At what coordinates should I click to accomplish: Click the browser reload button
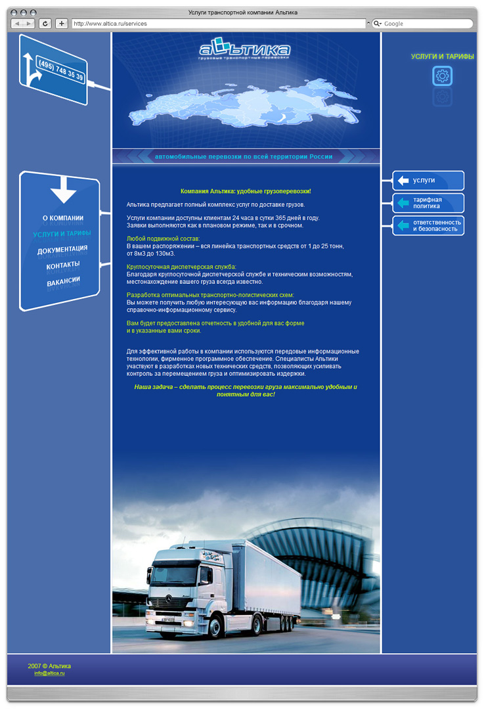click(x=45, y=24)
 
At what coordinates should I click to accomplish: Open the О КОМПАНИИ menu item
click(x=63, y=218)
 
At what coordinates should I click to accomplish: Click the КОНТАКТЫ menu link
click(x=63, y=265)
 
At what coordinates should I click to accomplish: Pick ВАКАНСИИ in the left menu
click(x=63, y=281)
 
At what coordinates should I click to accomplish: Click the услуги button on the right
click(x=428, y=181)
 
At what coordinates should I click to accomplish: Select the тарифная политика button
click(x=428, y=203)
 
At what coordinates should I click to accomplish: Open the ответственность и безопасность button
click(x=428, y=225)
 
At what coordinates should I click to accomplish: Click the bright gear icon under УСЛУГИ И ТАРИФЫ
click(x=443, y=76)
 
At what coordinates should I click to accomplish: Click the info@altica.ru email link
click(x=50, y=674)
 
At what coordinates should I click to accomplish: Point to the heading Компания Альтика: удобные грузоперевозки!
click(x=246, y=191)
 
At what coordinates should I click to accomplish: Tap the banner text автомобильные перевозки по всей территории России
click(x=244, y=156)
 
